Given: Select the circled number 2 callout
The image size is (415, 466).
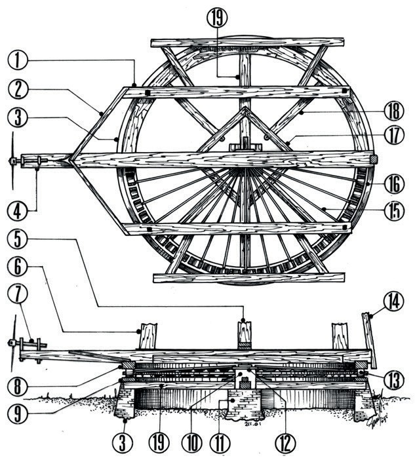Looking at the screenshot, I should (18, 89).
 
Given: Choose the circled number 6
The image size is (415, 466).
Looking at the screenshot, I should (18, 266).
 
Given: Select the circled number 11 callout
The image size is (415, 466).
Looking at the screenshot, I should (220, 442).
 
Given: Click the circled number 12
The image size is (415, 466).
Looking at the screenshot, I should (283, 442).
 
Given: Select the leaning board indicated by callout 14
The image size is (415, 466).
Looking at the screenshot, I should (370, 341).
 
